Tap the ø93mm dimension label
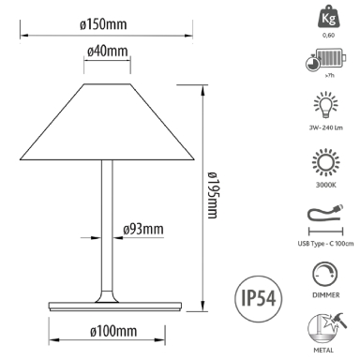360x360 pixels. pyautogui.click(x=142, y=228)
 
